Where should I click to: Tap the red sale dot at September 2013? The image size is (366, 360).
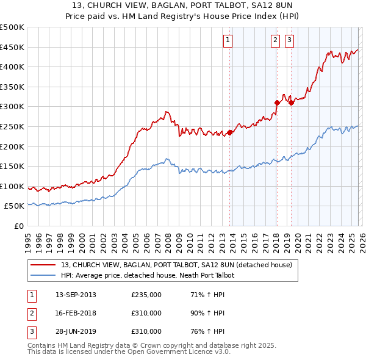coord(230,132)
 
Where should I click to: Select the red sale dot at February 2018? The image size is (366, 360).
coord(277,103)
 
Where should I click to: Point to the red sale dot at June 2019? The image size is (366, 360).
coord(292,103)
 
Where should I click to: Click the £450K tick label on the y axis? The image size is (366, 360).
coord(12,47)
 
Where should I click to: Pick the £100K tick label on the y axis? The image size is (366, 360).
coord(12,186)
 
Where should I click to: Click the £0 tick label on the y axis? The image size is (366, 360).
coord(19,226)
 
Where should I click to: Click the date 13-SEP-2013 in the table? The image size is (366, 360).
coord(76,295)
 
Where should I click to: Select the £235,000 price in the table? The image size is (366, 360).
coord(146,295)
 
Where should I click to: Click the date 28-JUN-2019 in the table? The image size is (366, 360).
coord(76,331)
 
